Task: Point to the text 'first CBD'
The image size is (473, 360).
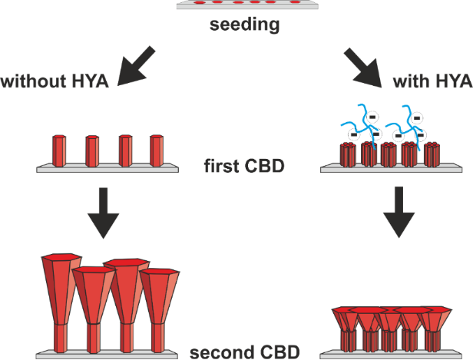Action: (237, 164)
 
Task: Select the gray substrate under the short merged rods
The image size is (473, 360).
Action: (392, 354)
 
